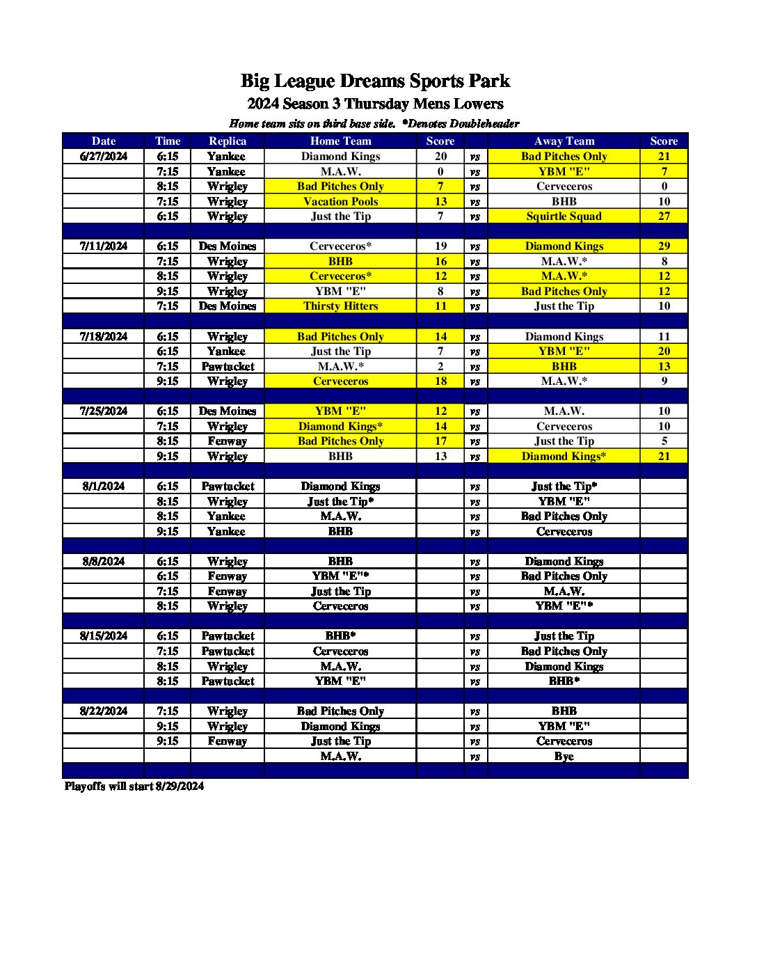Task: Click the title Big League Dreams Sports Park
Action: [x=375, y=81]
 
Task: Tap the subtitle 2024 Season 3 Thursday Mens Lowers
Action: [x=375, y=104]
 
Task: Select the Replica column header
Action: [x=228, y=141]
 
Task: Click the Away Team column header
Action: [x=564, y=141]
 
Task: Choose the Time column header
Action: [x=168, y=141]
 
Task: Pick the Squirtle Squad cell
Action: [x=564, y=216]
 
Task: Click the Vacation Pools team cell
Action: [x=340, y=201]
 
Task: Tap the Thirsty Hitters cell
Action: [x=340, y=306]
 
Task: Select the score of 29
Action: [x=664, y=246]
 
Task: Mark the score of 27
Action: [x=664, y=216]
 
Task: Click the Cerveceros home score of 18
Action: [x=440, y=381]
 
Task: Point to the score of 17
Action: [x=440, y=441]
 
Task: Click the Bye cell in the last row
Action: [x=564, y=757]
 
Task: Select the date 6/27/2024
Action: [x=104, y=157]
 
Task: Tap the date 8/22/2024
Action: [x=104, y=711]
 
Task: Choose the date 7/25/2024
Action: [x=104, y=411]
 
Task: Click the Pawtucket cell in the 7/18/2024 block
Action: [x=228, y=366]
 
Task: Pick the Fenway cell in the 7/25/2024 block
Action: [x=228, y=441]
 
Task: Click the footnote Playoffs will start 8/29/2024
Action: [x=134, y=787]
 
